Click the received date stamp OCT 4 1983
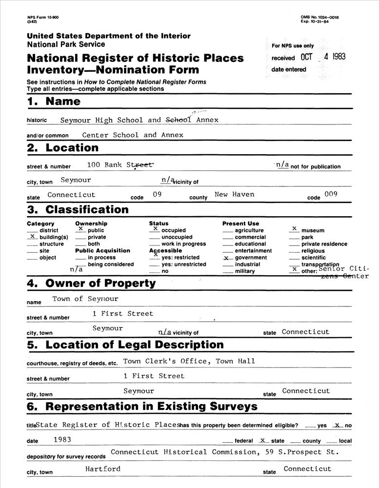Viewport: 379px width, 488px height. point(323,57)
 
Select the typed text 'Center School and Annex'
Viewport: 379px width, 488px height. point(133,135)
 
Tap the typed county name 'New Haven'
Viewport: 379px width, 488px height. point(235,194)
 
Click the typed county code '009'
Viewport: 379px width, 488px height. point(331,194)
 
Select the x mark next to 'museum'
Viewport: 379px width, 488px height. point(294,228)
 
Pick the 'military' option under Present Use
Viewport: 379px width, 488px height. point(244,271)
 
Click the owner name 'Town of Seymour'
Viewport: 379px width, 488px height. point(85,299)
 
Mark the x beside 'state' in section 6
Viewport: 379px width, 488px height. point(263,440)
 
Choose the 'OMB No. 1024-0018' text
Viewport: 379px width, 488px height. point(320,18)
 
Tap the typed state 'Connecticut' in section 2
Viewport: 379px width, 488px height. point(71,194)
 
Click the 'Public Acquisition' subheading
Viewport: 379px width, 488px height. point(102,251)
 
